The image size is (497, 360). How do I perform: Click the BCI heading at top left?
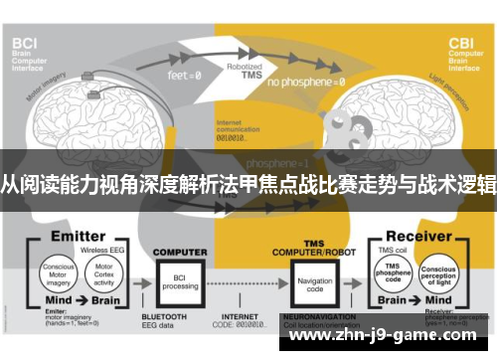(x=28, y=44)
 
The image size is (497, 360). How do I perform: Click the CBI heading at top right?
(x=463, y=44)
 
